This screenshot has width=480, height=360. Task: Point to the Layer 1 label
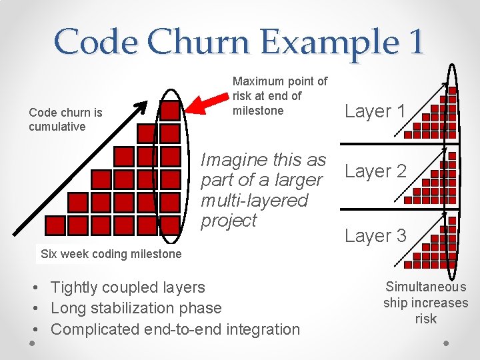pos(375,111)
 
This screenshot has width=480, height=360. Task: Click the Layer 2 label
pos(375,171)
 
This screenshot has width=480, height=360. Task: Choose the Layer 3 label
pos(375,235)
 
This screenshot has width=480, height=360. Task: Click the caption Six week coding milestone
pos(111,254)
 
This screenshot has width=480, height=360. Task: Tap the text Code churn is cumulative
pos(65,119)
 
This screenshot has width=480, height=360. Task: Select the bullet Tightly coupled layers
pos(127,287)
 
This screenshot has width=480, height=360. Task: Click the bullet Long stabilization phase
pos(135,308)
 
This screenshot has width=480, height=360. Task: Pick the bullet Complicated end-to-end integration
pos(175,329)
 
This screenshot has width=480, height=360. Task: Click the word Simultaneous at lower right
pos(426,287)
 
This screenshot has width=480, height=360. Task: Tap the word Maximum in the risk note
pos(257,81)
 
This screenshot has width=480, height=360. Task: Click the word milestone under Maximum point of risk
pos(258,111)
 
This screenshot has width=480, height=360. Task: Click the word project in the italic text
pos(229,221)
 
